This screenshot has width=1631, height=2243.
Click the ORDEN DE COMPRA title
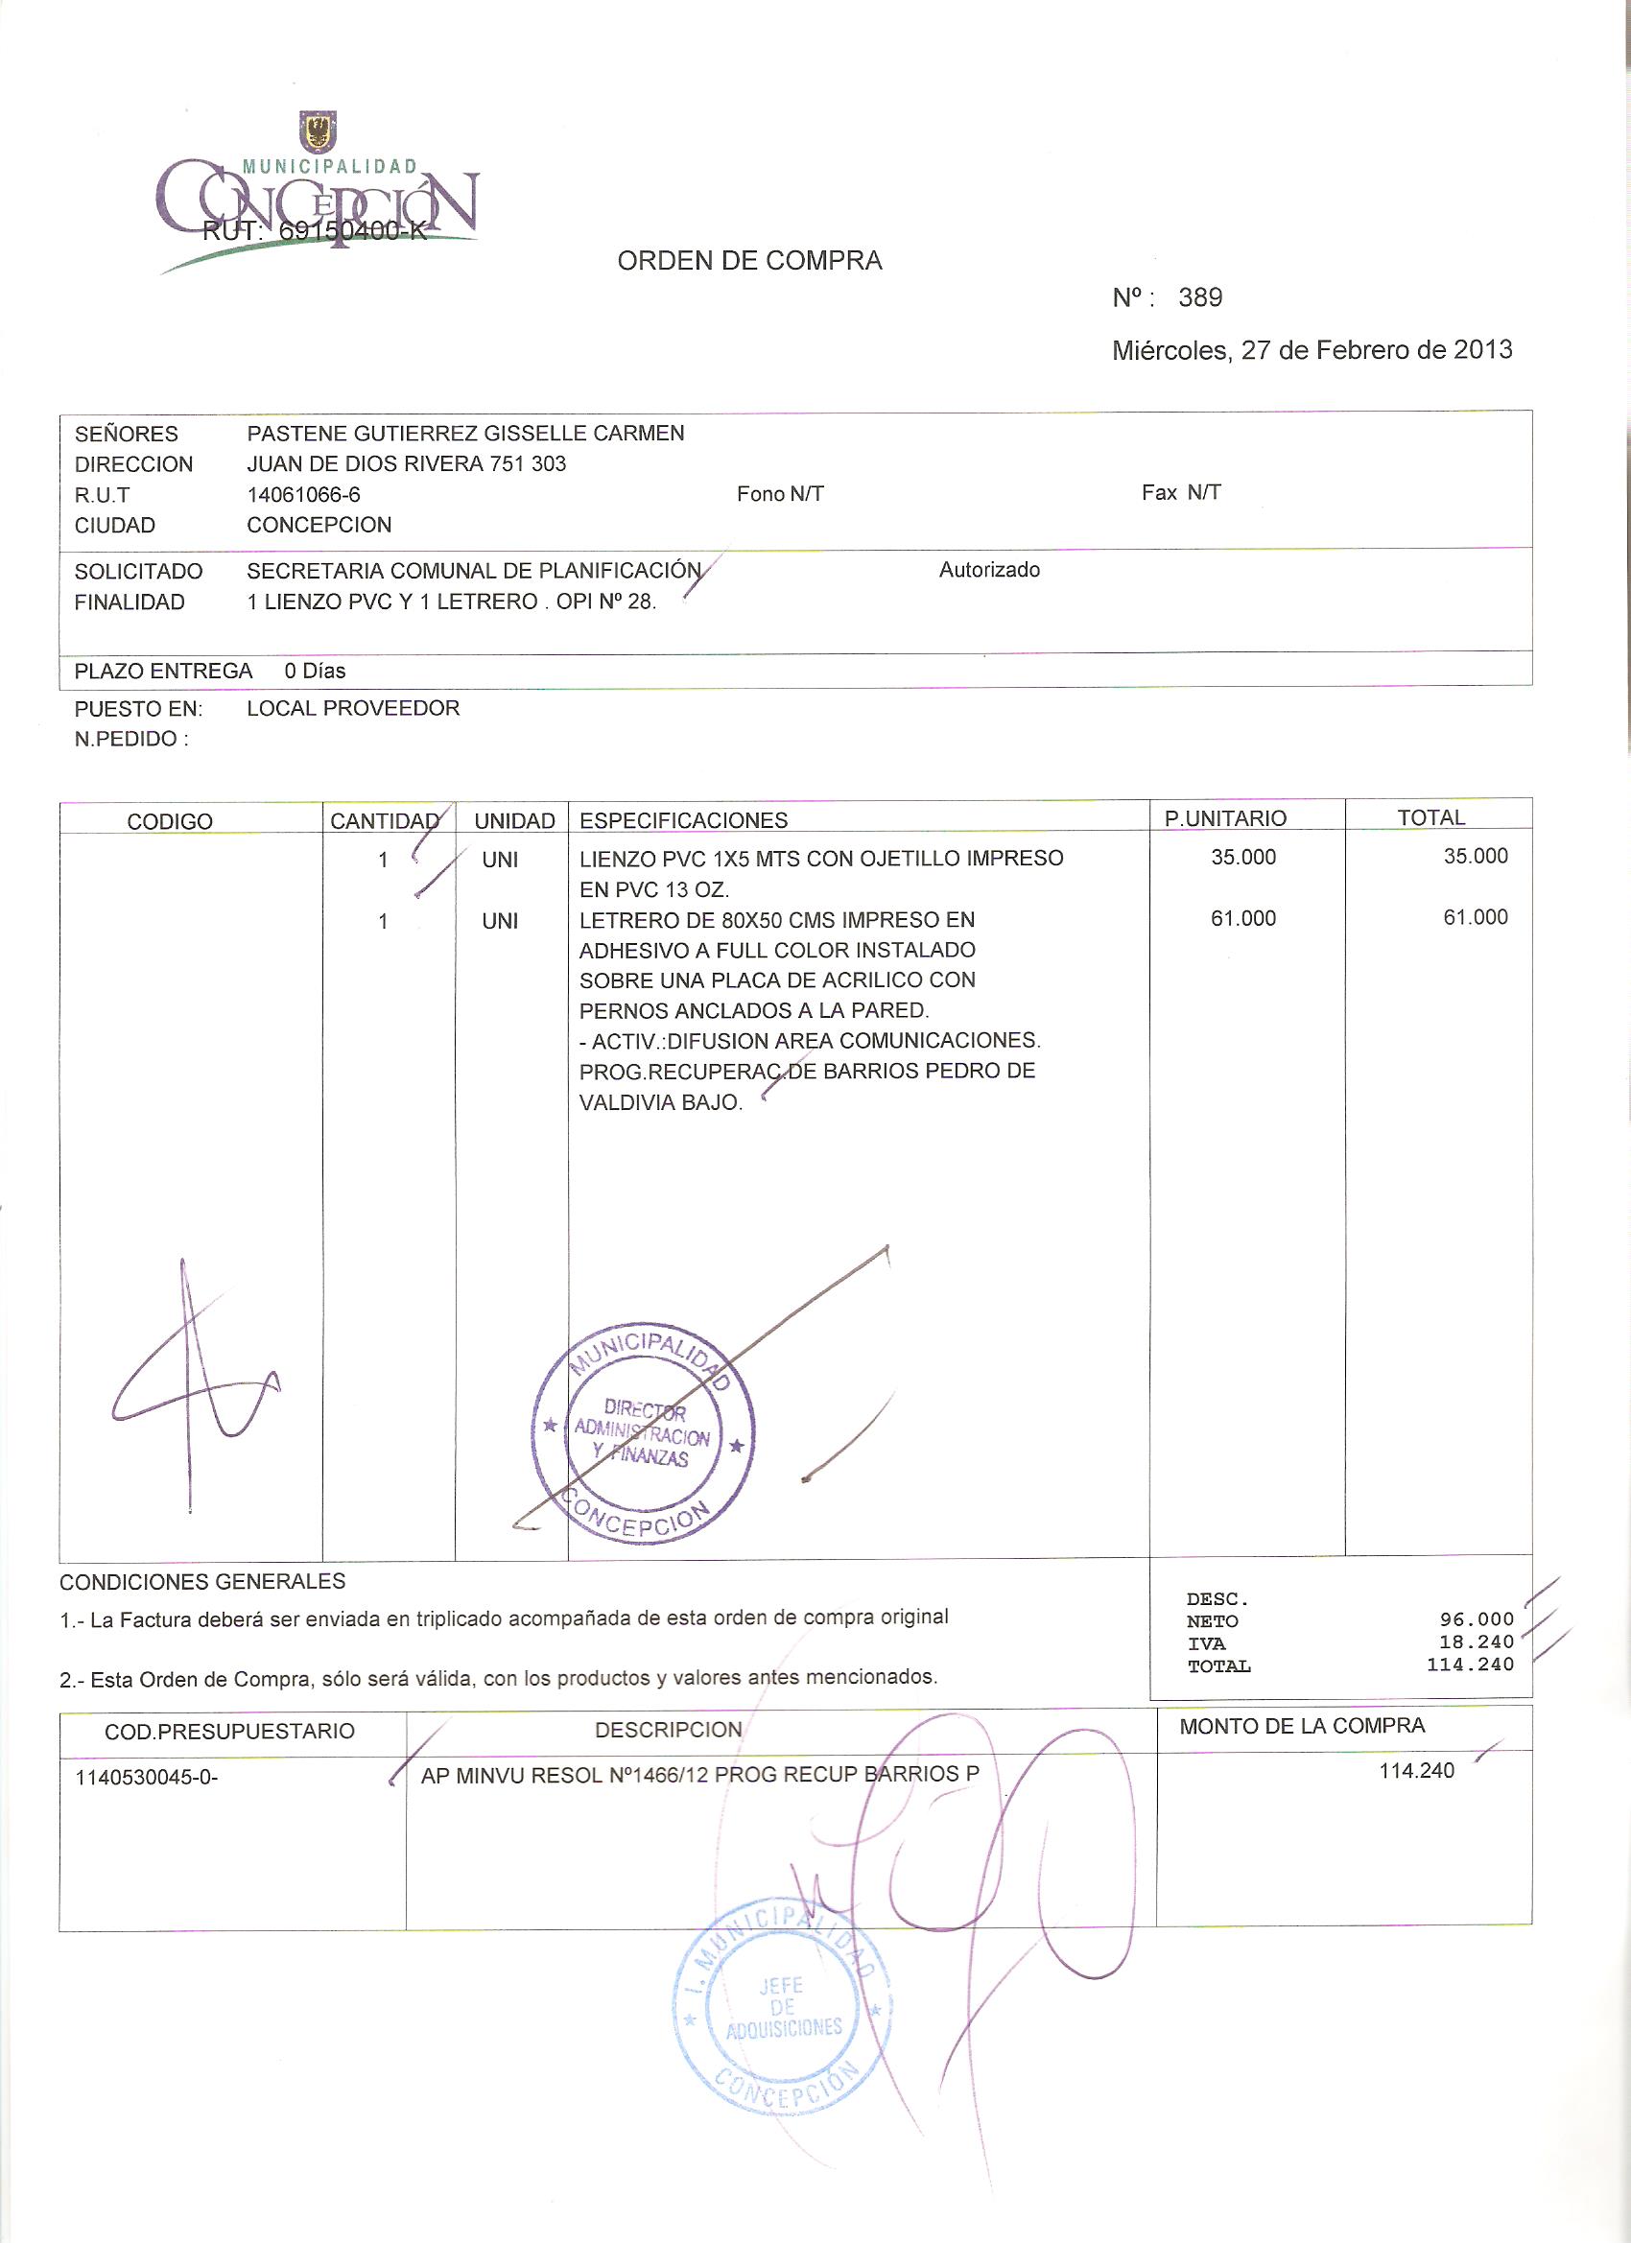pos(748,261)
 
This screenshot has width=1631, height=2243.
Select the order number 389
pos(1200,297)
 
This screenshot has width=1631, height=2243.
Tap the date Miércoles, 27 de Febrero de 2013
pos(1312,350)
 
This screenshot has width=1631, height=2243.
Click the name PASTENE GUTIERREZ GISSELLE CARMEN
pos(465,434)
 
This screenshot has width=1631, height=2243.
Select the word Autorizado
pos(989,570)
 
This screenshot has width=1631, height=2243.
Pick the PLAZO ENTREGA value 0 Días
pos(315,671)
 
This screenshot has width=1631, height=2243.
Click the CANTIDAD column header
pos(385,821)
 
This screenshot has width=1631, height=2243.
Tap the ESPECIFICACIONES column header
pos(683,820)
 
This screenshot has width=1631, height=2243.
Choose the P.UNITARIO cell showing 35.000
pos(1243,858)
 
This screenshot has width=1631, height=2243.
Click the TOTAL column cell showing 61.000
pos(1475,918)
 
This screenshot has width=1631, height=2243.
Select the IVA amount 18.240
pos(1476,1641)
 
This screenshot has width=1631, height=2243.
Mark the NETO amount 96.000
pos(1476,1619)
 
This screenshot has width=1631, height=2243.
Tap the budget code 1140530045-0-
pos(147,1777)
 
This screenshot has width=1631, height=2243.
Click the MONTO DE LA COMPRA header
pos(1302,1726)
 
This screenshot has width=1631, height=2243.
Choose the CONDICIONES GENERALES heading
pos(202,1581)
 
